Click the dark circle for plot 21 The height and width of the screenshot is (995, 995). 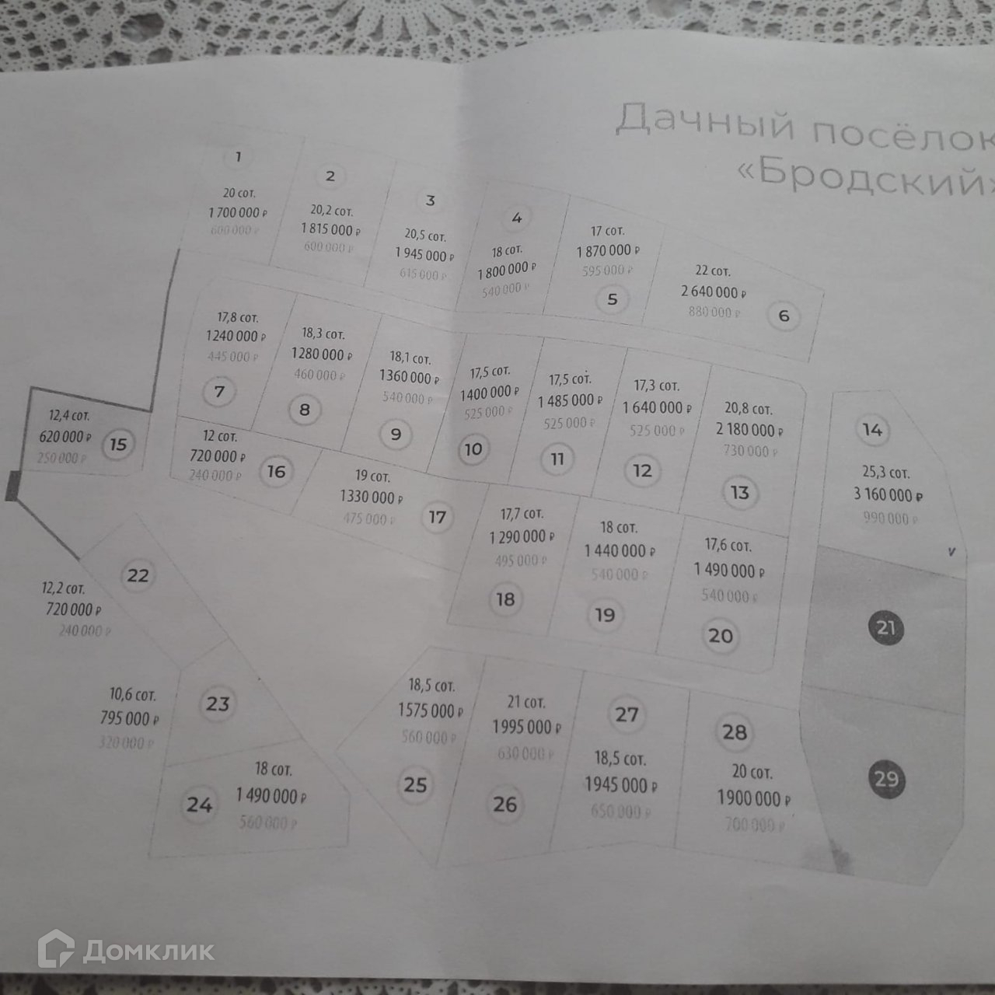[x=886, y=627]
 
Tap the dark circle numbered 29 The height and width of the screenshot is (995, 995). [x=886, y=778]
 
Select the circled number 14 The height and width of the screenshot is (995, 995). [x=872, y=430]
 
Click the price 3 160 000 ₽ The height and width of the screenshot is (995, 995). [x=888, y=494]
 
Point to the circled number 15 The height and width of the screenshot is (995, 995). [x=118, y=445]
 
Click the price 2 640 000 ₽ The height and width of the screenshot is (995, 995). [x=714, y=292]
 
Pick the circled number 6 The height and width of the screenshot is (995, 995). [x=784, y=316]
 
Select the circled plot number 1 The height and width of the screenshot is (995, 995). [x=238, y=157]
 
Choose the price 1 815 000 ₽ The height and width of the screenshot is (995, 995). [x=330, y=229]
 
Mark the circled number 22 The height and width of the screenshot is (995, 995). [x=138, y=575]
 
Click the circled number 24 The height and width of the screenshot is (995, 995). [x=199, y=804]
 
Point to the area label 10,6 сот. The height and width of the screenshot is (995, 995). [x=133, y=694]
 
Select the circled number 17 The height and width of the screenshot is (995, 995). [x=438, y=517]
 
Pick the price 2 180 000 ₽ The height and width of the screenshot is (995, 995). [x=749, y=430]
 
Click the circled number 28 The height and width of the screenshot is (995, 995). [x=735, y=732]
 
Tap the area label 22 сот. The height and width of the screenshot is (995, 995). [x=712, y=271]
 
